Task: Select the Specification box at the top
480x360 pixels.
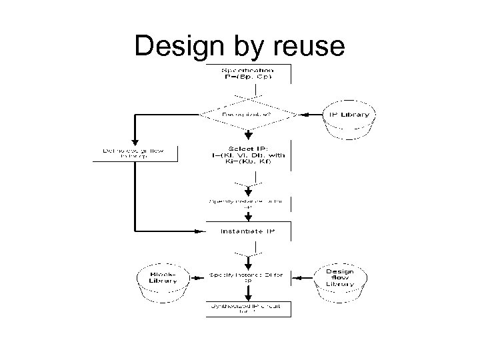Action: point(247,74)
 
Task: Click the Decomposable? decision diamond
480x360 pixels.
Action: point(247,114)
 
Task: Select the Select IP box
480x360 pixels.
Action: point(247,155)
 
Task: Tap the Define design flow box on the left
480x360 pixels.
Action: point(137,153)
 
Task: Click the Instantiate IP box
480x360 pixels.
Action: point(247,231)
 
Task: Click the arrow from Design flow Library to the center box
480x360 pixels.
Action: point(301,275)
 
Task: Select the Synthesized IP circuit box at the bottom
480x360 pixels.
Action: point(247,308)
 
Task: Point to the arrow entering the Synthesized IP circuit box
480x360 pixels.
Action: point(247,296)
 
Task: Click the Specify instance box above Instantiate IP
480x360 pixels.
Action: point(247,203)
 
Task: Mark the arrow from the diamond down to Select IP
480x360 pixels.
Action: point(247,134)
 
